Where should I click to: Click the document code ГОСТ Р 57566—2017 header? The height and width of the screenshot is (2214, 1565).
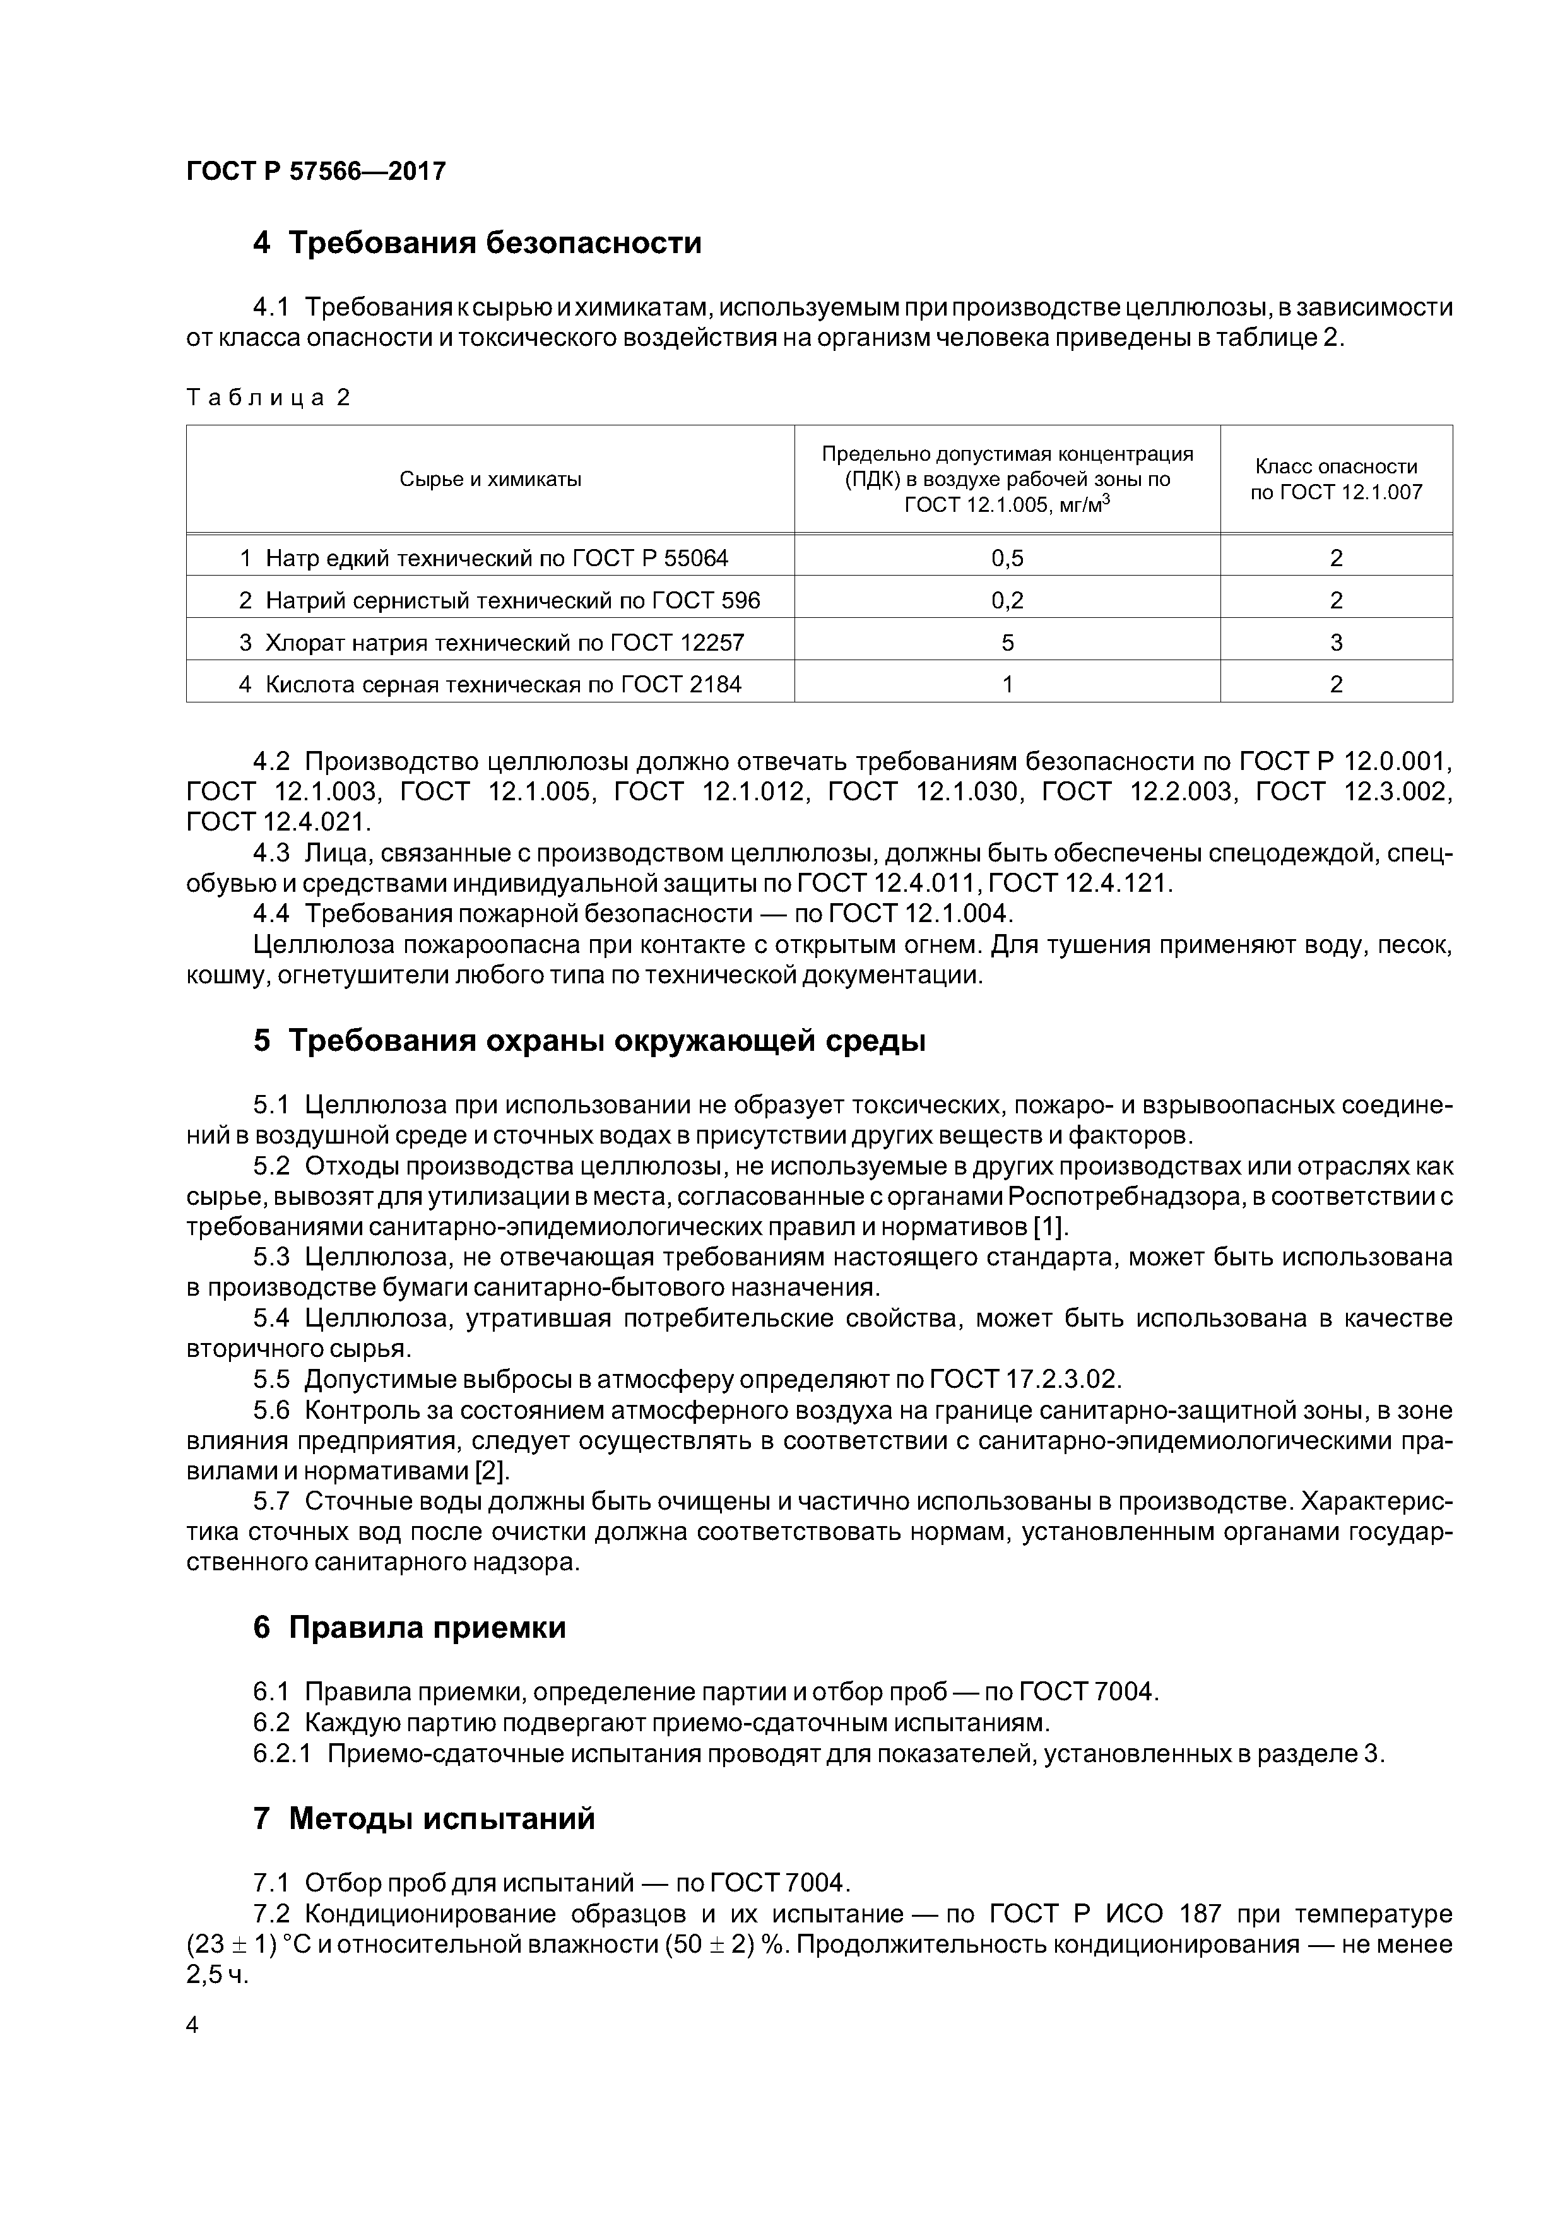[316, 172]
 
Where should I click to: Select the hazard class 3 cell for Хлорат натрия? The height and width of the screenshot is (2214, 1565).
[1335, 642]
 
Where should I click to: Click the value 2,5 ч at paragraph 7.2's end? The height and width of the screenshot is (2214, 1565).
[217, 1975]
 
